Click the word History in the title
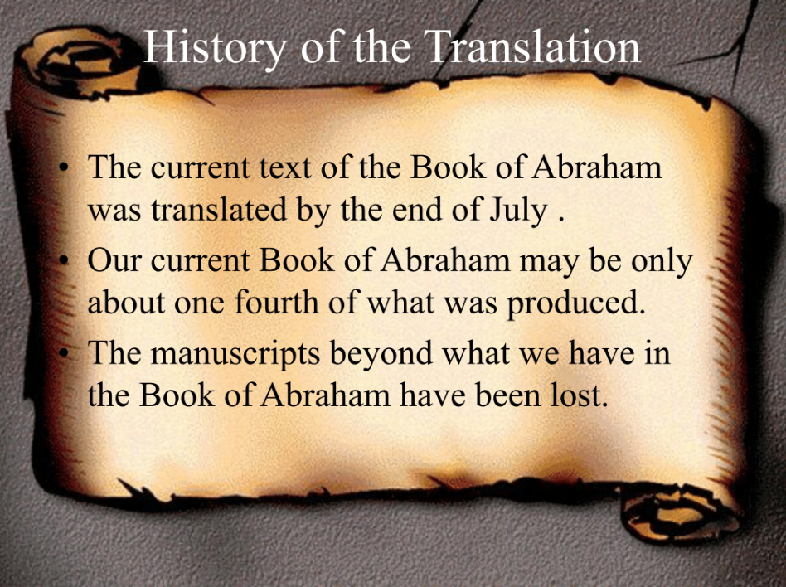coord(215,46)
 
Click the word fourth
coord(276,302)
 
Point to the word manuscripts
coord(235,354)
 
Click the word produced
coord(575,303)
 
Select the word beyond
coord(381,353)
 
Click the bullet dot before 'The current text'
coord(63,168)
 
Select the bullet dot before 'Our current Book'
coord(63,260)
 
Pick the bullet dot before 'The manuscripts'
coord(63,353)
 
